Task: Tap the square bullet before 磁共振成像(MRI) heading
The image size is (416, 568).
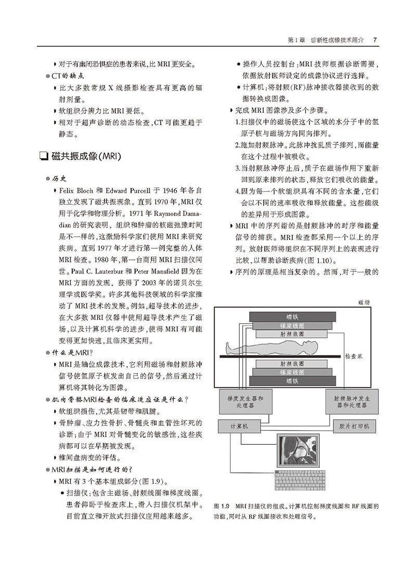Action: click(43, 155)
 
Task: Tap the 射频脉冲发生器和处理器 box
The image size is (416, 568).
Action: click(350, 401)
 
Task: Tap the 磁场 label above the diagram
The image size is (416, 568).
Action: click(364, 302)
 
